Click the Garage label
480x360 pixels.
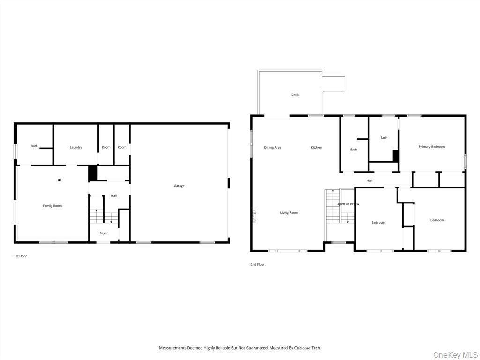[179, 186]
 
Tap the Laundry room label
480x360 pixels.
[76, 147]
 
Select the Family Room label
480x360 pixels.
[52, 206]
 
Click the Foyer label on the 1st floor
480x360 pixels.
[104, 233]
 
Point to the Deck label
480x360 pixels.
[295, 95]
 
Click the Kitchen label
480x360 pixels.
[316, 148]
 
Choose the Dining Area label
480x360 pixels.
[273, 148]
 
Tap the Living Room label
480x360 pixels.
[289, 213]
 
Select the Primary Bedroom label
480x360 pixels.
[432, 147]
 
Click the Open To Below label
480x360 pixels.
[348, 204]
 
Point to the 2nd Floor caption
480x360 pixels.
[257, 265]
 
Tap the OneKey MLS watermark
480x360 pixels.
[455, 354]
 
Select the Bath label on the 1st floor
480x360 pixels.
[34, 146]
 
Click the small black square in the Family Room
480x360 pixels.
[60, 180]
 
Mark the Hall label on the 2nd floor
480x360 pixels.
[369, 180]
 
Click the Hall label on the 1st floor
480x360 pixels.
[114, 195]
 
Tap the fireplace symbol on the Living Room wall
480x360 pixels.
[255, 216]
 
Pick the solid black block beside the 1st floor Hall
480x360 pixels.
[93, 173]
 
